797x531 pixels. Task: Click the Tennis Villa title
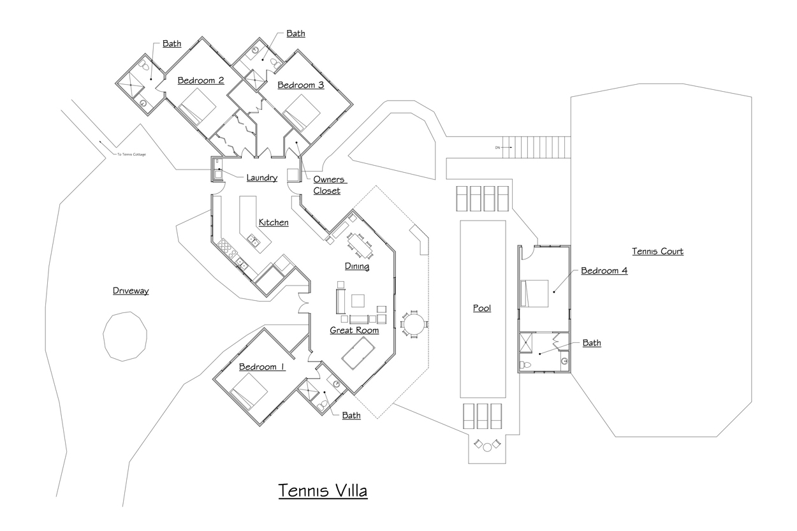coord(323,491)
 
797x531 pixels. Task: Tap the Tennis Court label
coord(657,252)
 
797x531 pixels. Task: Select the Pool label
coord(482,309)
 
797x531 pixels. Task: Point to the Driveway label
coord(131,291)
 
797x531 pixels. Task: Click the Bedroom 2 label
coord(200,81)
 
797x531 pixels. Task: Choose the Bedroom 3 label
coord(300,85)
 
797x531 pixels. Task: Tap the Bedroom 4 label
coord(604,270)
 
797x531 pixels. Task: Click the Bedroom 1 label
coord(262,367)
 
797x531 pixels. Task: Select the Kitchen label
coord(274,222)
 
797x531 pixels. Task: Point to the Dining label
coord(357,266)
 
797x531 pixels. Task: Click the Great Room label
coord(354,330)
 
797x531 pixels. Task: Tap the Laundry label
coord(261,178)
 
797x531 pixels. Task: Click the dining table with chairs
coord(359,244)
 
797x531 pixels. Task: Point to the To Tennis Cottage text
coord(131,155)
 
